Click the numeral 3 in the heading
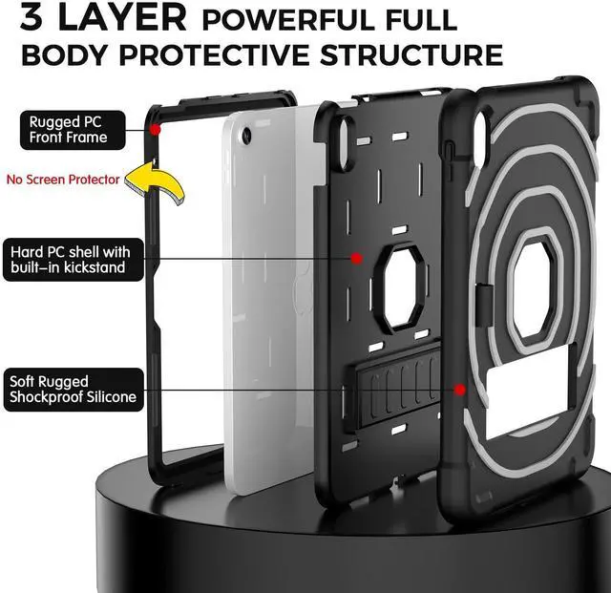coord(37,18)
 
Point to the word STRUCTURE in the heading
coord(411,54)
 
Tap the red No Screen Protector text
coord(63,179)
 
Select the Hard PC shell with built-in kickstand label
coord(80,260)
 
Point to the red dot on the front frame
coord(155,125)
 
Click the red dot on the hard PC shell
coord(356,258)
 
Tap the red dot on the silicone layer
coord(460,390)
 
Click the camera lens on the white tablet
coord(247,138)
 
